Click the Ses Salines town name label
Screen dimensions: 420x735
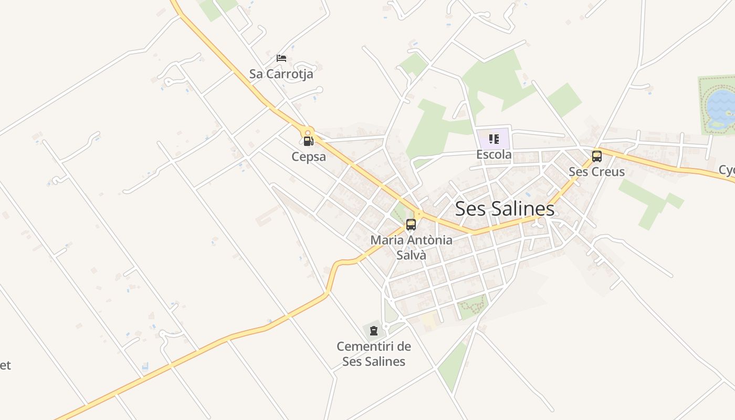point(505,208)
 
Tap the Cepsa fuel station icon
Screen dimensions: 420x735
point(308,141)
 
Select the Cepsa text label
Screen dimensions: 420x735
point(309,156)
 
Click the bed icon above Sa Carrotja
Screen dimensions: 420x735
point(281,58)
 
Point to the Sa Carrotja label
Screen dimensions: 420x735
point(281,74)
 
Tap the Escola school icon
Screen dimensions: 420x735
point(493,139)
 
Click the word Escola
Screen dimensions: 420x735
point(493,154)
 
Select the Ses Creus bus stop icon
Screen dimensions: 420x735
point(596,156)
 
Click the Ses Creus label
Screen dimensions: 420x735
point(596,172)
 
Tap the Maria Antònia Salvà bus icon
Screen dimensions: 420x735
point(411,225)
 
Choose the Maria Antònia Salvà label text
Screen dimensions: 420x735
point(411,248)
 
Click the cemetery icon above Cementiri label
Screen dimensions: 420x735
point(373,331)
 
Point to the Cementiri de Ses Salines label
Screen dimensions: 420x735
point(373,354)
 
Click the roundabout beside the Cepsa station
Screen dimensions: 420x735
point(308,133)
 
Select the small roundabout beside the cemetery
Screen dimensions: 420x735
point(386,327)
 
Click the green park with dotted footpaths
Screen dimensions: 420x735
point(472,306)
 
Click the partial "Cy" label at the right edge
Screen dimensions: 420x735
point(727,171)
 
